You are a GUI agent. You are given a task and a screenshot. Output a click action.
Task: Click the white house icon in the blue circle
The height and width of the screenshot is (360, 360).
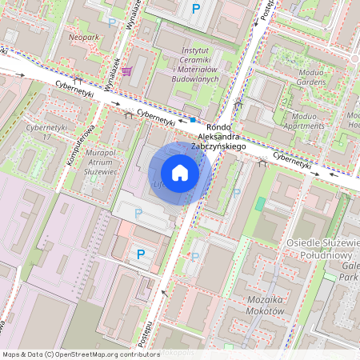180,173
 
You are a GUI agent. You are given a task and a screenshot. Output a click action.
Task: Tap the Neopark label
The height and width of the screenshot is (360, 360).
84,38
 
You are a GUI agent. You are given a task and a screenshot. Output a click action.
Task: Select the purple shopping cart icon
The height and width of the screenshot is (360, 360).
126,71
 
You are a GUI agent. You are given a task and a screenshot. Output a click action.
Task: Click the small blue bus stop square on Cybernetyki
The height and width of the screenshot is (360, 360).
193,119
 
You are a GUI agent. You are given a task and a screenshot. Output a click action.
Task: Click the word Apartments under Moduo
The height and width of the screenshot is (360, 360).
304,126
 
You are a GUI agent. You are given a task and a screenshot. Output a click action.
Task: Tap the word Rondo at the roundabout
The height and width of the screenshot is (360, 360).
218,126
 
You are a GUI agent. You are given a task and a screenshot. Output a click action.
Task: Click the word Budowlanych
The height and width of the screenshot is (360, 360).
197,78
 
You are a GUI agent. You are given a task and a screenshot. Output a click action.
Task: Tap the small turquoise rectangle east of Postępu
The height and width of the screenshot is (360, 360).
260,204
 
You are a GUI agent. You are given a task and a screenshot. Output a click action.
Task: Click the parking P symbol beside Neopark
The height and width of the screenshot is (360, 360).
112,22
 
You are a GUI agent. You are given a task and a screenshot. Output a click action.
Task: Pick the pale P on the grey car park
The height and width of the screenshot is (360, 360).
139,213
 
